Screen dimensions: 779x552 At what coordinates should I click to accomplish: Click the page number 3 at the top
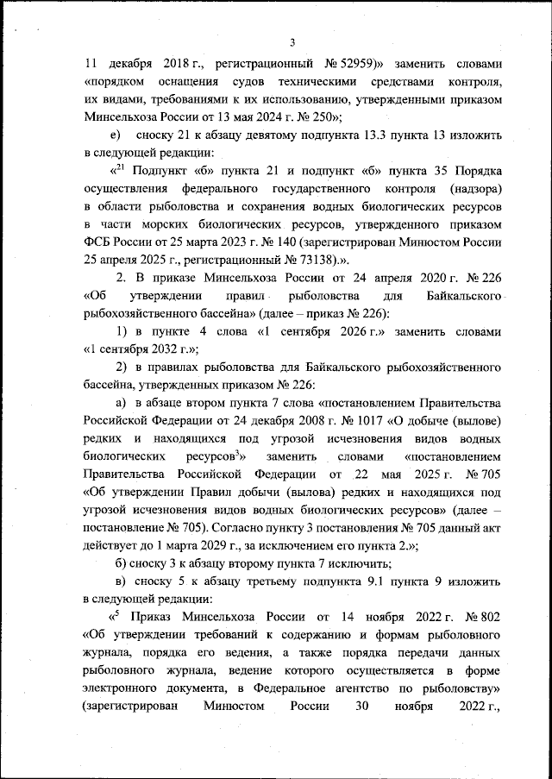[x=292, y=43]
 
